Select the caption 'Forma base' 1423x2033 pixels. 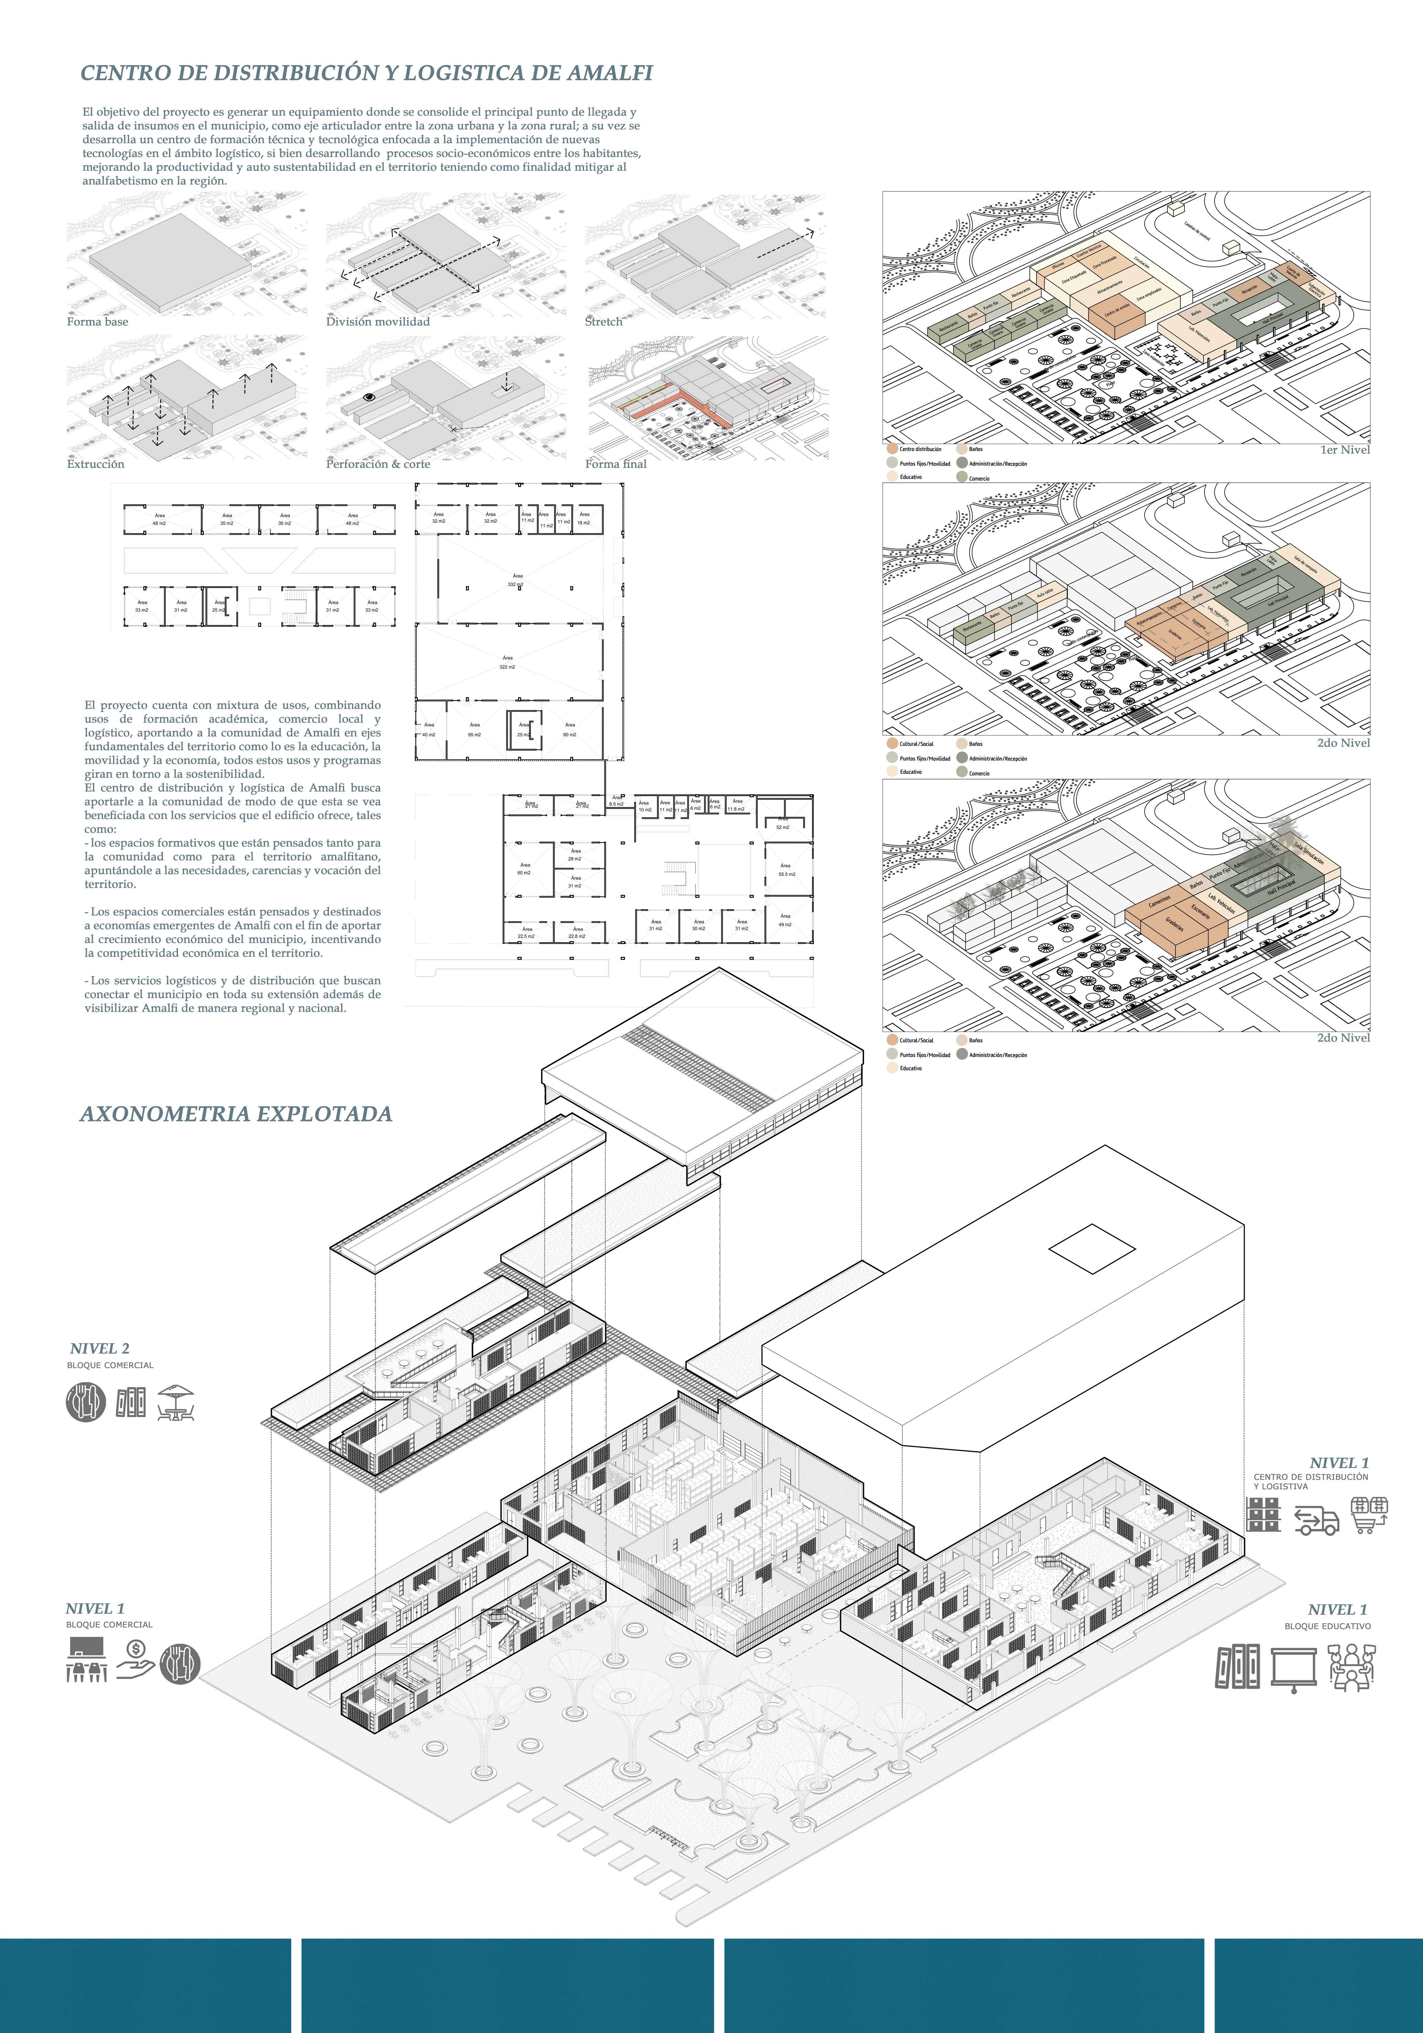pyautogui.click(x=97, y=322)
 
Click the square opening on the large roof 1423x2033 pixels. pyautogui.click(x=1092, y=1248)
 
